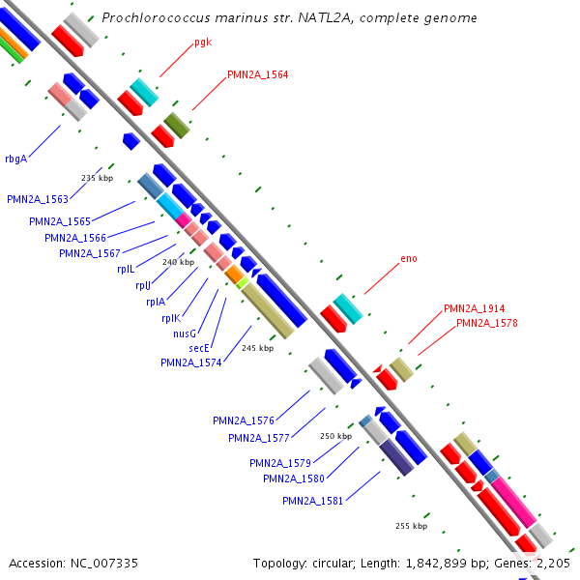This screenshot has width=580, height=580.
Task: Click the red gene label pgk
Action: [x=202, y=42]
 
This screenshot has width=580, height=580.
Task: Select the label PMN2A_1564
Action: [x=257, y=74]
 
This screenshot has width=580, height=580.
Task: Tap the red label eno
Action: [x=408, y=259]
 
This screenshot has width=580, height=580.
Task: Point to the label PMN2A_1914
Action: [x=474, y=308]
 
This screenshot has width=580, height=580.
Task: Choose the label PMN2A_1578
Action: [x=486, y=323]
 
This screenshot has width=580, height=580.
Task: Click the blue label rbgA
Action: [x=15, y=159]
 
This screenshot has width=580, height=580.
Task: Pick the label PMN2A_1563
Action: [x=38, y=199]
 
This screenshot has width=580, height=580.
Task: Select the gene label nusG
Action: [x=185, y=333]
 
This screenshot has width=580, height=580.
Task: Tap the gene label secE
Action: [x=199, y=348]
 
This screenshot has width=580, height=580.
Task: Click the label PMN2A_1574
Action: [x=191, y=362]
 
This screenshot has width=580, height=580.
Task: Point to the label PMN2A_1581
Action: [x=313, y=501]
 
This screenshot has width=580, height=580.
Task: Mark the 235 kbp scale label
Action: [x=97, y=179]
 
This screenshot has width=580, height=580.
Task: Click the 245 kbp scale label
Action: [x=258, y=348]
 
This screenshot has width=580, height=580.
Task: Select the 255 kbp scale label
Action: [x=411, y=526]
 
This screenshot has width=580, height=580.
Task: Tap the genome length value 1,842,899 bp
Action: [x=406, y=563]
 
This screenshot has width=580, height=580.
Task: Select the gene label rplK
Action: [x=170, y=318]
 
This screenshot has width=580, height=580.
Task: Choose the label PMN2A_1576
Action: [x=244, y=420]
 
